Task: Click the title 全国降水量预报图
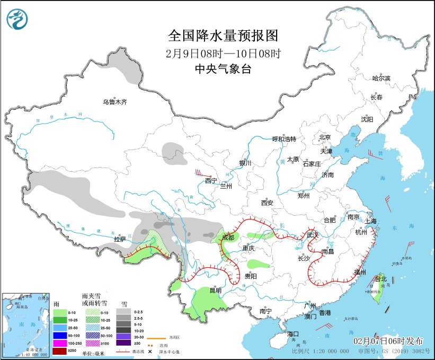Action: (x=223, y=36)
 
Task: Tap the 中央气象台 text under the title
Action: (x=223, y=69)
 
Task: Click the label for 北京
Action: (x=325, y=137)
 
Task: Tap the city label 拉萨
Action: (x=120, y=239)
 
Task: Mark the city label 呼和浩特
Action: (x=284, y=139)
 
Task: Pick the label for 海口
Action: (x=294, y=334)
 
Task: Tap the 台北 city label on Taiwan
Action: (x=381, y=278)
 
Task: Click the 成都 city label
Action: (x=228, y=237)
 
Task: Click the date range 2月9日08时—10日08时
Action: (x=223, y=53)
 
